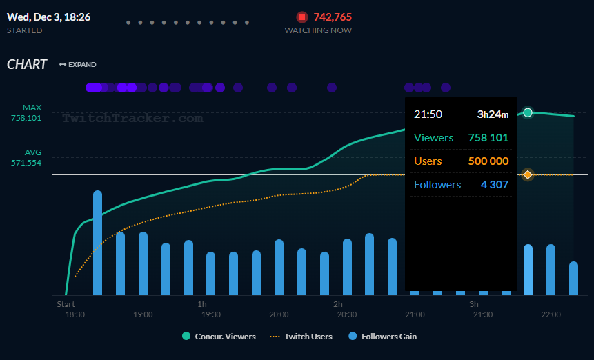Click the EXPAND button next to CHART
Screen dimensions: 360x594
point(77,65)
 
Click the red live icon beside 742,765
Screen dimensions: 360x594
point(302,17)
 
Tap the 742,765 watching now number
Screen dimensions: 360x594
point(333,17)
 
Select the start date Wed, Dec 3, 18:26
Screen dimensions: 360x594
point(48,17)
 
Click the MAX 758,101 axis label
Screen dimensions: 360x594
point(26,113)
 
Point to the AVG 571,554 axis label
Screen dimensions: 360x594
point(26,158)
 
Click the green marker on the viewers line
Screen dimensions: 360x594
point(528,112)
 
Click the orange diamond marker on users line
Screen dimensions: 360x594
point(528,175)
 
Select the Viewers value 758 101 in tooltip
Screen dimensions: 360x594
point(488,137)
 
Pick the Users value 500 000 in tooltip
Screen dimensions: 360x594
point(488,161)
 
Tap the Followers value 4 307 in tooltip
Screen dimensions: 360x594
point(494,184)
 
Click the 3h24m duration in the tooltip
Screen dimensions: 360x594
point(493,114)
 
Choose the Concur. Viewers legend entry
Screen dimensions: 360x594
point(219,337)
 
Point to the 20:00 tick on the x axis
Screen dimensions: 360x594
point(279,314)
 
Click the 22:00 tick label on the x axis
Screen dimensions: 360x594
point(551,314)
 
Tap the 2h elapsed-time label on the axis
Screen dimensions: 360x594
point(338,304)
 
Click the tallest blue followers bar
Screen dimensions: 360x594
point(98,243)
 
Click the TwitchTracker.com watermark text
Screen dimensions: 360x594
point(132,118)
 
